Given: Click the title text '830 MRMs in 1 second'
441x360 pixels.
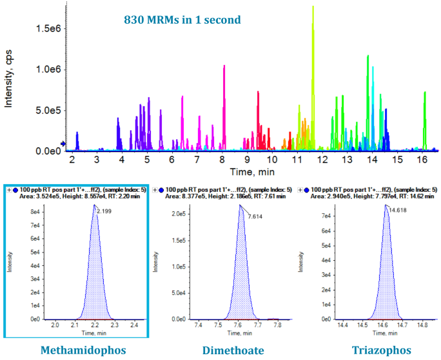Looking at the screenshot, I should coord(182,20).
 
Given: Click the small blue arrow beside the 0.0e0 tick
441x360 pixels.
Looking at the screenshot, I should coord(63,144).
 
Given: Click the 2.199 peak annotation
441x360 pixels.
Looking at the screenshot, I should coord(106,211).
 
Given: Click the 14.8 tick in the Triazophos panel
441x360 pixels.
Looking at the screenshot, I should coord(422,327).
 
